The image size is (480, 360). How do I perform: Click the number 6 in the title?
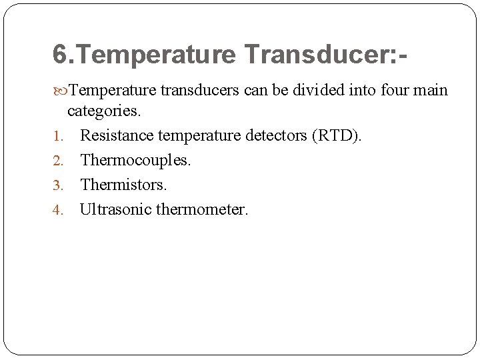[x=60, y=55]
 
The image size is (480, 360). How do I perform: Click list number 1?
[x=57, y=137]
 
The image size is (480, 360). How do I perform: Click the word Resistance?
[x=116, y=137]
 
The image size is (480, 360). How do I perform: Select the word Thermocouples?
[x=135, y=161]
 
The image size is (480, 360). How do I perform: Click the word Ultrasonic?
[x=115, y=209]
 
